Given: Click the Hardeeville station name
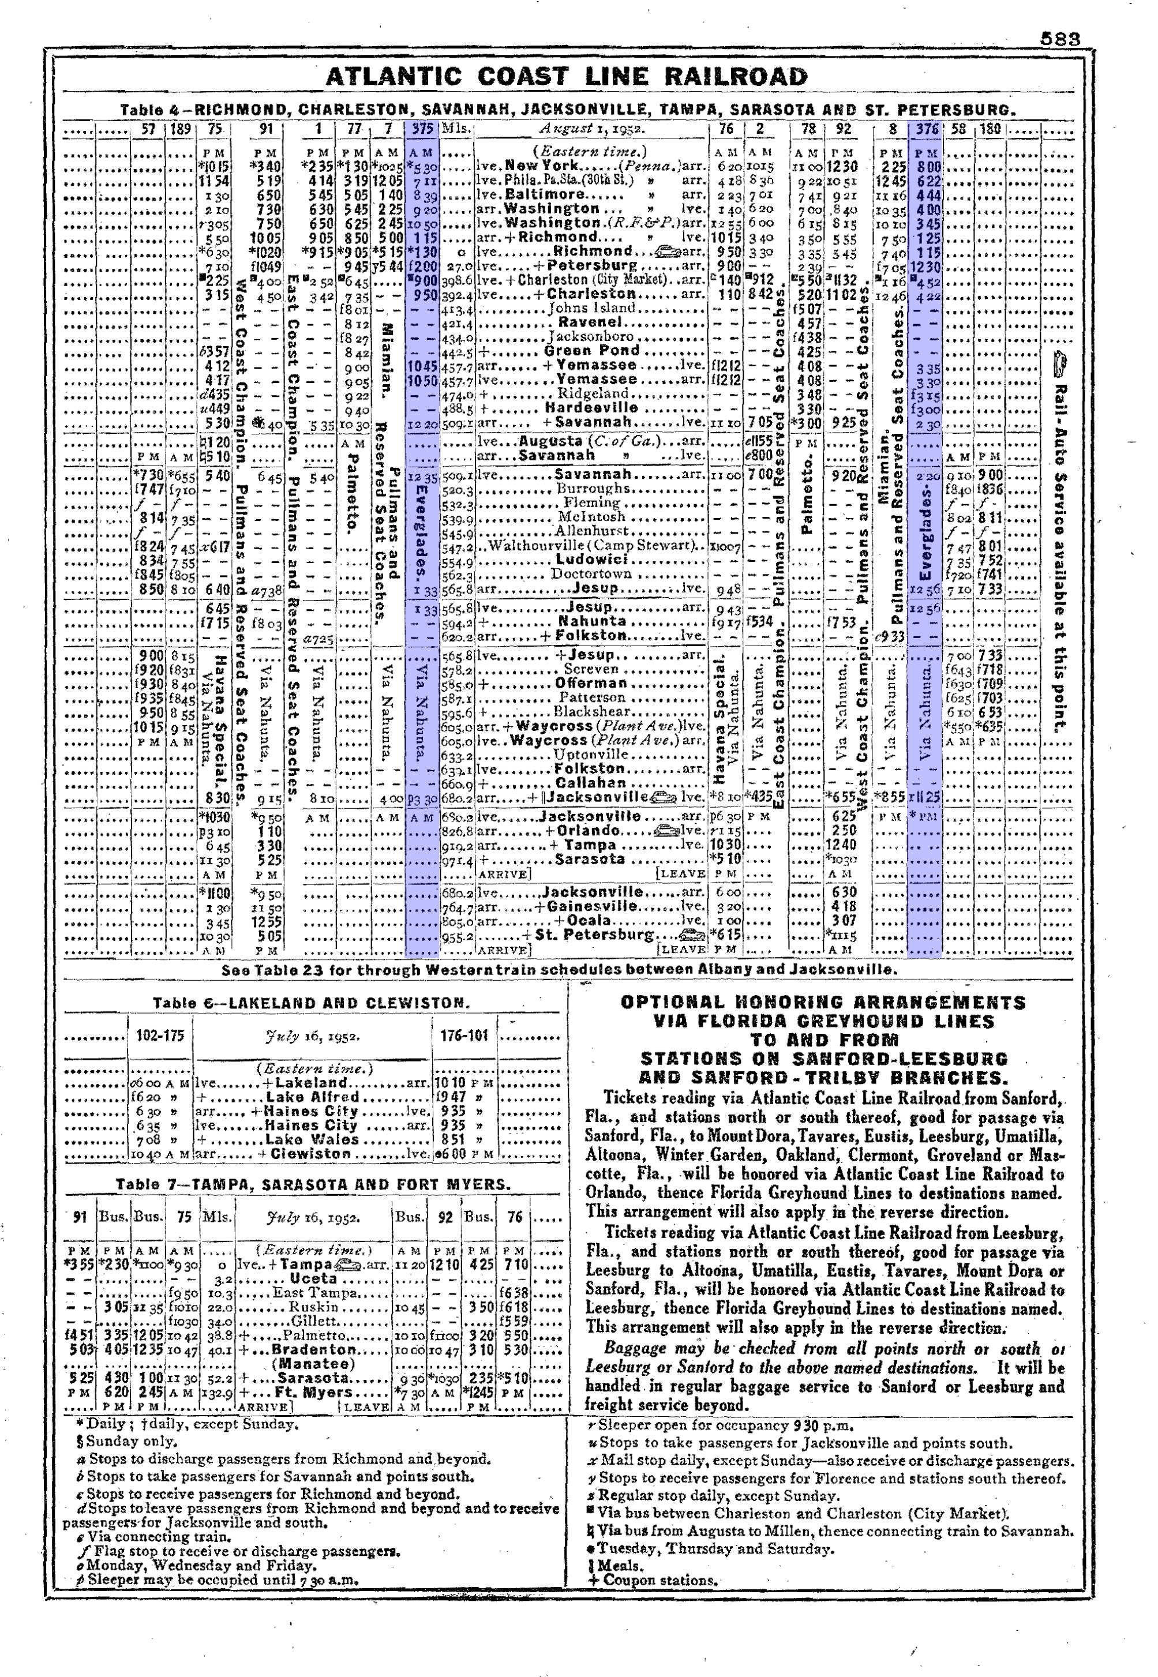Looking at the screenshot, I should [x=591, y=408].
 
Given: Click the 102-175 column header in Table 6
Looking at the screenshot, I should [x=160, y=1036].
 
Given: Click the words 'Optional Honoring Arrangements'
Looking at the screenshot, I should [x=823, y=1003].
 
